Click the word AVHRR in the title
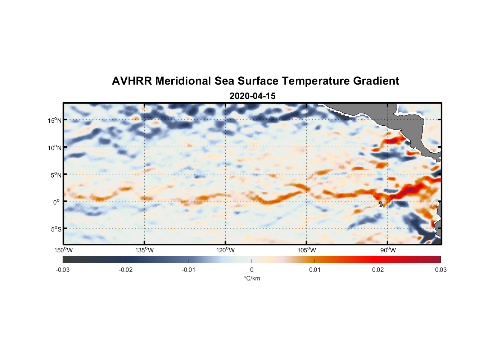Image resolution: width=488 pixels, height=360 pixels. (x=132, y=81)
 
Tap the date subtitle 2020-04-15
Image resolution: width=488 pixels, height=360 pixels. (x=252, y=96)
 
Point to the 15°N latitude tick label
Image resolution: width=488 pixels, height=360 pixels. (x=55, y=120)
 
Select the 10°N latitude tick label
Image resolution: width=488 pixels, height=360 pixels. (x=55, y=148)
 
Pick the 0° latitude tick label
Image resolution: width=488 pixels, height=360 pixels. (x=57, y=202)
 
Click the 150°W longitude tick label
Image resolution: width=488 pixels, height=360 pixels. (x=63, y=250)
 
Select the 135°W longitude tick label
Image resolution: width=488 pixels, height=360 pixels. (x=144, y=250)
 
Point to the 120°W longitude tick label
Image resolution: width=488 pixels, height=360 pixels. (x=225, y=250)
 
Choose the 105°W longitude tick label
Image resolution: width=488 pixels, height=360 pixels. (x=307, y=250)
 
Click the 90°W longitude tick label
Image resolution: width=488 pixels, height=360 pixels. (x=388, y=250)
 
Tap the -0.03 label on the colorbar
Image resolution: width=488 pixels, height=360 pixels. (x=63, y=270)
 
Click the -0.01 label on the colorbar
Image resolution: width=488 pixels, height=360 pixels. (x=189, y=270)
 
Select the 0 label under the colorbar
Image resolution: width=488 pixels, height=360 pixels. (x=252, y=270)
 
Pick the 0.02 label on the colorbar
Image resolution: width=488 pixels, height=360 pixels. (x=378, y=270)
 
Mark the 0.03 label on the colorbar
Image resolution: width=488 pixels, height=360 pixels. (x=440, y=270)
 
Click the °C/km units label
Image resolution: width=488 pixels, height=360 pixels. (x=252, y=278)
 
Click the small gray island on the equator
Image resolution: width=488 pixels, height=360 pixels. (x=381, y=204)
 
